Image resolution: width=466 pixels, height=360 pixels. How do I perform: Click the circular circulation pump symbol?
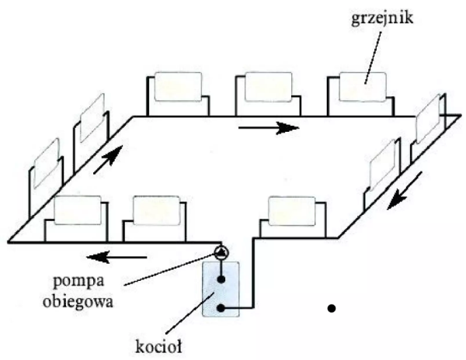[221, 251]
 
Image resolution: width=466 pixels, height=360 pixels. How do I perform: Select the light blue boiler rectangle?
[221, 289]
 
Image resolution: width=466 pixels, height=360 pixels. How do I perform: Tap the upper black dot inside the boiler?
[221, 278]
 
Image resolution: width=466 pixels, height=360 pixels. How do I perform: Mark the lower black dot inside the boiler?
[221, 308]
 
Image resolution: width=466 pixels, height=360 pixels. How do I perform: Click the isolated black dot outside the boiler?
[332, 309]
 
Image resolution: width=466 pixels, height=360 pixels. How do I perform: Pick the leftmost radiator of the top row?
[178, 87]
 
